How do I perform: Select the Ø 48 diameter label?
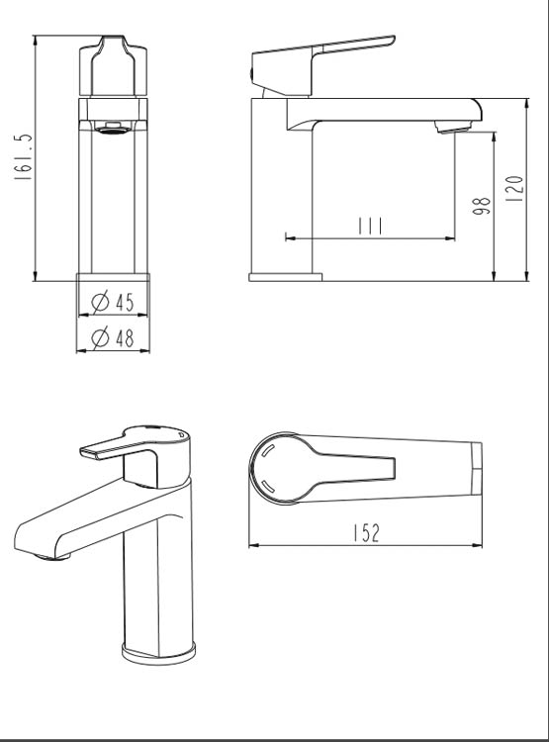tap(113, 338)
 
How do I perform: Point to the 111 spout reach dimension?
tap(370, 226)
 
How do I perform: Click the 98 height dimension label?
tap(482, 206)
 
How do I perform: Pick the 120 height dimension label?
tap(513, 188)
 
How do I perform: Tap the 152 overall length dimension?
tap(365, 533)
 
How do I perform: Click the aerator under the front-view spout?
tap(113, 127)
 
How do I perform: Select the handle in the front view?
tap(113, 67)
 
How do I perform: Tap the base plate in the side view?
tap(285, 277)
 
